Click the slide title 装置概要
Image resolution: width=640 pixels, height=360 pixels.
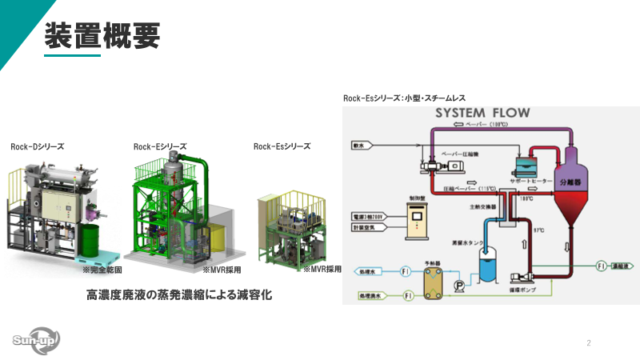tap(102, 34)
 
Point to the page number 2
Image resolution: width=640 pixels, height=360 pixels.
tap(589, 343)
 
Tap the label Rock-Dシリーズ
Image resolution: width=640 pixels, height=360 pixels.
tap(38, 146)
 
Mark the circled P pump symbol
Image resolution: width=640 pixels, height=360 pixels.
tap(459, 284)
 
